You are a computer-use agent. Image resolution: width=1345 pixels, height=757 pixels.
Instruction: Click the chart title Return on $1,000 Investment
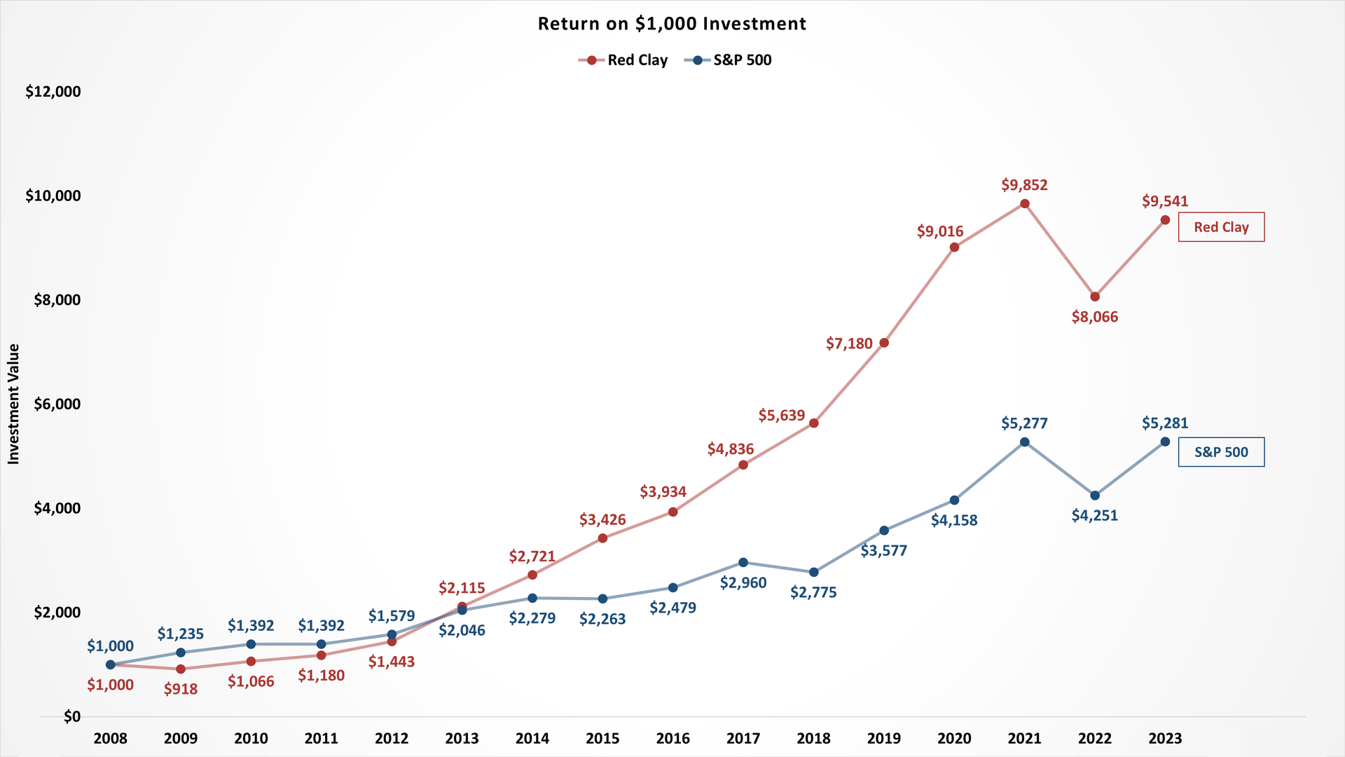(x=672, y=24)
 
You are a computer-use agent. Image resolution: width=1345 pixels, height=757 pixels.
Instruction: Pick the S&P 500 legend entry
(x=729, y=60)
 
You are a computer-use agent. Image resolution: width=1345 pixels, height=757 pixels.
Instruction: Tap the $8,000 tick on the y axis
(x=57, y=300)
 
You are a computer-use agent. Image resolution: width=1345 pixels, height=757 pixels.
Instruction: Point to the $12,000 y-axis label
(x=53, y=92)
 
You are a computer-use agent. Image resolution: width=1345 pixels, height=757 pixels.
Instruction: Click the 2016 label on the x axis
(x=672, y=738)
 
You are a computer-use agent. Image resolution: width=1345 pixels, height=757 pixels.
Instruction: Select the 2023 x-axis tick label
(x=1165, y=738)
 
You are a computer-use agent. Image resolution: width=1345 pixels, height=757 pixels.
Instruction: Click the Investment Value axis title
(x=13, y=404)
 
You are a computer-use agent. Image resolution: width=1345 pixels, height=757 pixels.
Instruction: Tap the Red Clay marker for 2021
(x=1024, y=204)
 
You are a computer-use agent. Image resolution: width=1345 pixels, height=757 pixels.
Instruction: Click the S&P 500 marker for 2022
(x=1095, y=496)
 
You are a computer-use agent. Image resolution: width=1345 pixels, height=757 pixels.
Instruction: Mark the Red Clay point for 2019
(x=884, y=343)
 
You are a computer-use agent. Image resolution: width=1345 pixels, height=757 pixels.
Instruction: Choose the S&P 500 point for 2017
(x=743, y=562)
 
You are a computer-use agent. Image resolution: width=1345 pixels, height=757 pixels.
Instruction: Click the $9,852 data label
(x=1024, y=185)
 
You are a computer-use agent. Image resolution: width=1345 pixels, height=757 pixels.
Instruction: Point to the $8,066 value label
(x=1095, y=317)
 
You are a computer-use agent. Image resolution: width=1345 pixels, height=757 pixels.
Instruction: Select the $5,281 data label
(x=1165, y=423)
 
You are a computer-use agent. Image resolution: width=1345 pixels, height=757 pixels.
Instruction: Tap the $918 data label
(x=181, y=689)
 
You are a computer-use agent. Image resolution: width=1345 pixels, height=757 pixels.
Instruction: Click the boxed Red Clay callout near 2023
(x=1221, y=227)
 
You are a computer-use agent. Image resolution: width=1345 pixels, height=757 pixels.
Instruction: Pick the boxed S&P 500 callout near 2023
(x=1221, y=452)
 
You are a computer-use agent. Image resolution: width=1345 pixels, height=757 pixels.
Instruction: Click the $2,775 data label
(x=813, y=592)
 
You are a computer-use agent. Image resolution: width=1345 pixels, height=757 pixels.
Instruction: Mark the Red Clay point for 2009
(x=181, y=669)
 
